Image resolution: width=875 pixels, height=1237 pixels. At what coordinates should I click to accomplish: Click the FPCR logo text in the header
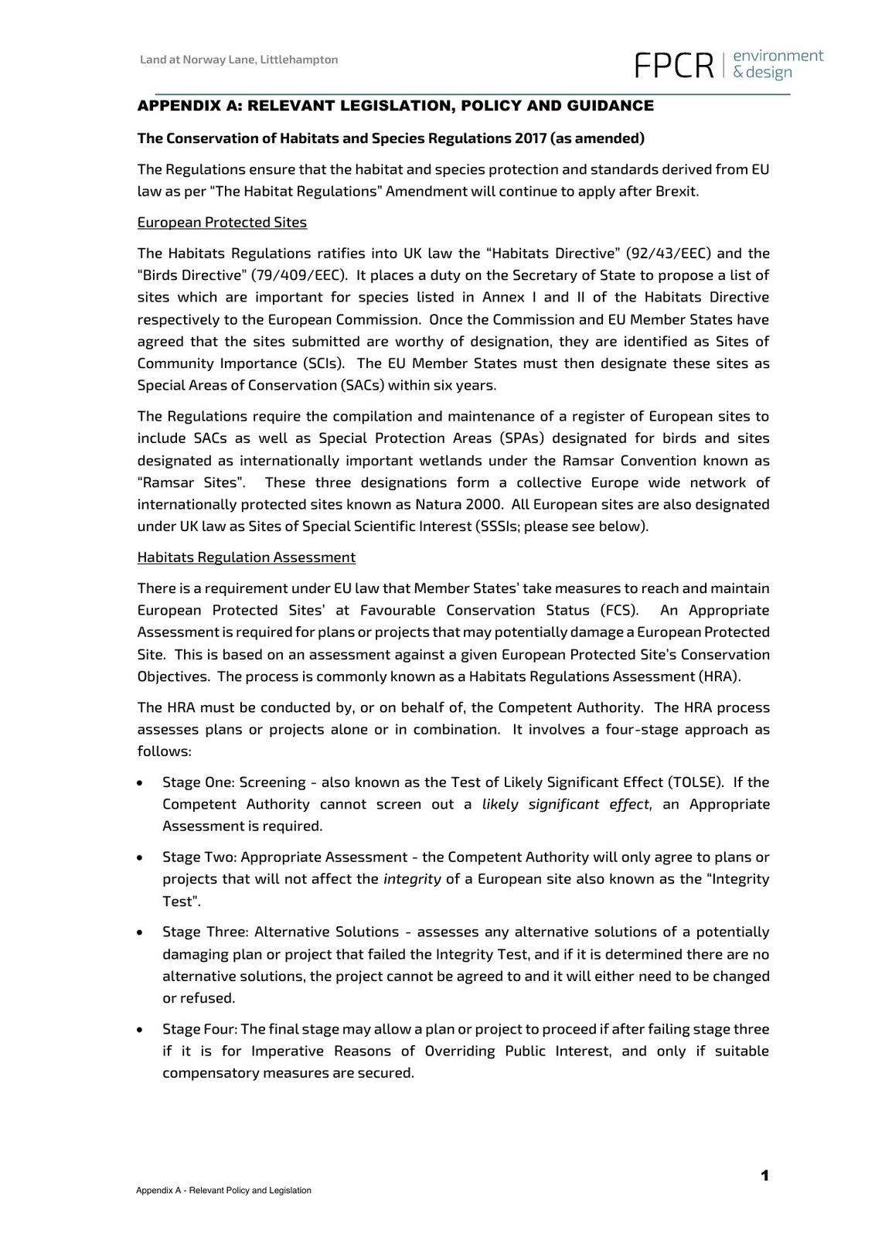coord(672,66)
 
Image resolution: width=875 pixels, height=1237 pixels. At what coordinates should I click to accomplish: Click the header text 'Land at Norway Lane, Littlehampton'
coord(238,60)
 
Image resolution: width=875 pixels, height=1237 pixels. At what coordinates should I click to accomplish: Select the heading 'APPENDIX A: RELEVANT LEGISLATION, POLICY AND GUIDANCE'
coord(395,106)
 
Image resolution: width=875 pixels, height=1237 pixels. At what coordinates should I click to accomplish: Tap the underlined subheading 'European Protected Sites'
coord(222,223)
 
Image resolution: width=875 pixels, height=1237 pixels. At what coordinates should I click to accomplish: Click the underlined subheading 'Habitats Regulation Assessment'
coord(247,557)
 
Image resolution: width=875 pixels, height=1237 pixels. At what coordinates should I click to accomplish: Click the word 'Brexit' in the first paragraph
coord(676,191)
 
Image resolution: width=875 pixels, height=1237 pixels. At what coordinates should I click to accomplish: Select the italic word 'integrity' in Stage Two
coord(412,879)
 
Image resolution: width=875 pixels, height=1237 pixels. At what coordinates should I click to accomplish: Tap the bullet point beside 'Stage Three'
coord(139,933)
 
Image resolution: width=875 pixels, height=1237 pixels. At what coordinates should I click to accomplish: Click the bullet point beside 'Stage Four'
coord(139,1031)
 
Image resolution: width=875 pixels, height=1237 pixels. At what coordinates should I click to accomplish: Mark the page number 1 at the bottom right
coord(764,1176)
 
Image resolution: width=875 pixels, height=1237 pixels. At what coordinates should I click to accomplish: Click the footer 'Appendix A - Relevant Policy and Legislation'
coord(223,1191)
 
